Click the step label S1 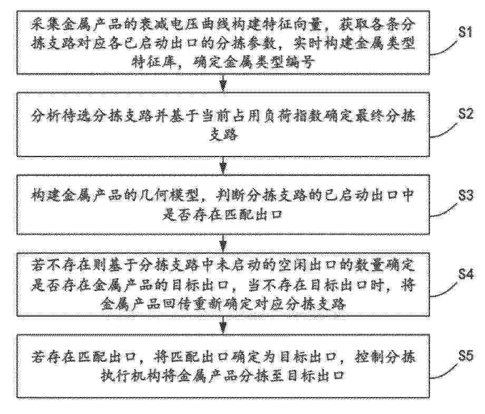(x=465, y=32)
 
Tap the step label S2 (x=465, y=114)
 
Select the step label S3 (x=465, y=195)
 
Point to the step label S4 (x=465, y=274)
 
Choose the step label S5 (x=465, y=356)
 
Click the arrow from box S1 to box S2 (x=223, y=83)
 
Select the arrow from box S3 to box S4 (x=223, y=243)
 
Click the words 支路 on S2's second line (x=224, y=135)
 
